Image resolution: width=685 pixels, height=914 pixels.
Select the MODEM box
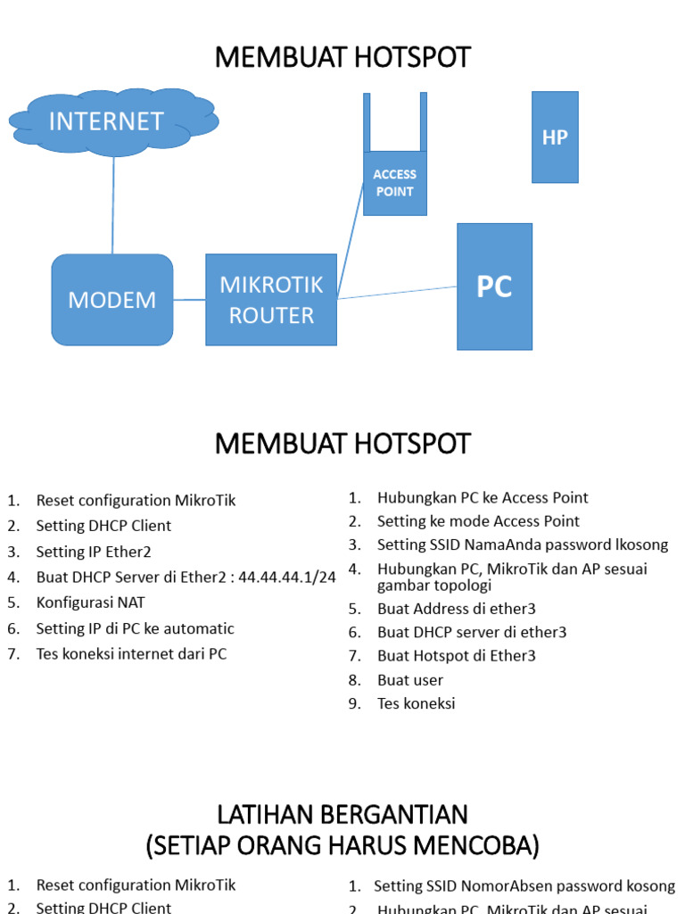(x=112, y=300)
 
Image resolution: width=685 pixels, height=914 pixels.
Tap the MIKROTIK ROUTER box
(x=271, y=300)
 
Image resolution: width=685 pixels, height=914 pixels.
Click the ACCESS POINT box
(x=394, y=183)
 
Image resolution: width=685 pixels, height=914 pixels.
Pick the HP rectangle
(x=555, y=137)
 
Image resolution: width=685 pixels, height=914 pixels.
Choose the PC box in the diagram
(x=494, y=287)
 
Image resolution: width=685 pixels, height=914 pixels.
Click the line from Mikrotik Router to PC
(x=397, y=293)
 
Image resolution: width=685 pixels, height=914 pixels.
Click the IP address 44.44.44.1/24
(x=287, y=577)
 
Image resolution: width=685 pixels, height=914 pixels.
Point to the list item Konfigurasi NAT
(x=90, y=602)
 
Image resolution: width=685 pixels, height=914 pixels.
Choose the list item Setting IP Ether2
(x=94, y=552)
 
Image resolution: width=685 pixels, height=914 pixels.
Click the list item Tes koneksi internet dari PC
(x=131, y=654)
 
